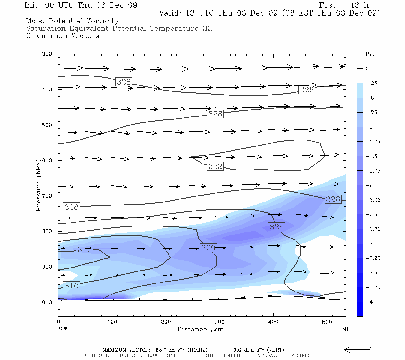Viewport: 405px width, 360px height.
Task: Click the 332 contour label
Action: point(215,166)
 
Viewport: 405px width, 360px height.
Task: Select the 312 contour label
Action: point(84,250)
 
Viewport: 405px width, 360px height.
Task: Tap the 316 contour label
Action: point(71,286)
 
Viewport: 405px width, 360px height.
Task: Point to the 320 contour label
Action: point(208,248)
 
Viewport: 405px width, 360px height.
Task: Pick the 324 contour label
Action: point(276,227)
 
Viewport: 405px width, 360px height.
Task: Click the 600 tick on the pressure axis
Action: point(47,160)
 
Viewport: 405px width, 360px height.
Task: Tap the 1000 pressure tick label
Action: point(46,302)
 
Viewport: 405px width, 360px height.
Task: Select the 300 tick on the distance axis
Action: point(220,322)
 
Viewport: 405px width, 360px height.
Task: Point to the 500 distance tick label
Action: point(327,322)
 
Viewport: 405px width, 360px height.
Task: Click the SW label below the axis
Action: point(63,329)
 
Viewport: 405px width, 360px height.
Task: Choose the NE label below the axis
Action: point(346,329)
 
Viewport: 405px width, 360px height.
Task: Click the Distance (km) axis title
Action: point(202,329)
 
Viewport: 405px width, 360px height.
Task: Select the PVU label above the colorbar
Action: point(370,54)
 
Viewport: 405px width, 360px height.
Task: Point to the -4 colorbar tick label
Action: point(370,302)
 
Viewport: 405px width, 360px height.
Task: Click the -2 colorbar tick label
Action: point(370,185)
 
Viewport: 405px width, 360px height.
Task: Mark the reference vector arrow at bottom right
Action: point(357,349)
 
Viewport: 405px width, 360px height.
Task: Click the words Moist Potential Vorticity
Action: point(72,21)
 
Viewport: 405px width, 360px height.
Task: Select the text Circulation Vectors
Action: point(62,36)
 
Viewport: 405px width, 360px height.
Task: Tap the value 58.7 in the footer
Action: point(162,350)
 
